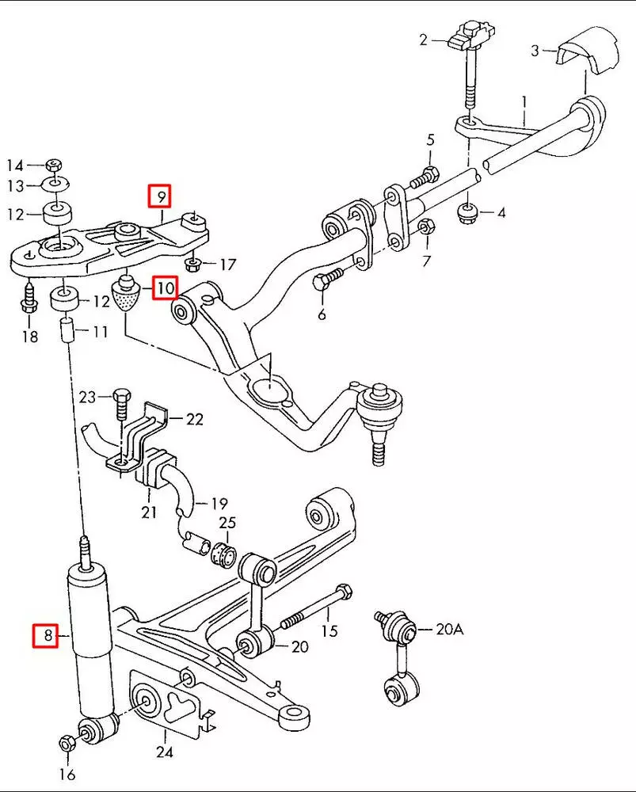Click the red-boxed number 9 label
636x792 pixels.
click(161, 195)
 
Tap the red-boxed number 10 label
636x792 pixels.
click(166, 287)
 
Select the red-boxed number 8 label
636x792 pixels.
click(45, 635)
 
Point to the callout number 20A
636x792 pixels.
click(449, 630)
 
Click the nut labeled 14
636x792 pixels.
click(53, 165)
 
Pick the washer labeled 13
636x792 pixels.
click(53, 185)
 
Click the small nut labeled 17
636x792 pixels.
click(192, 263)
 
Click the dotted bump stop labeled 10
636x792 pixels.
click(125, 295)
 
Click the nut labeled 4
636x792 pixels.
click(467, 211)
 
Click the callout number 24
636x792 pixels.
click(164, 752)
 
